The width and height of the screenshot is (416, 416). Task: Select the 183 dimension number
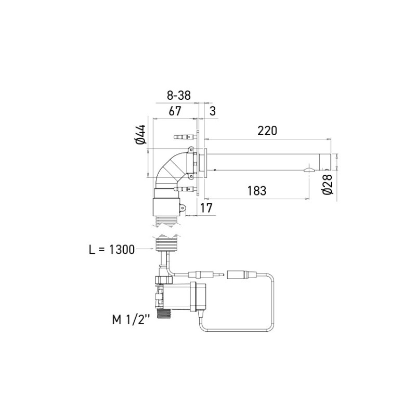tap(257, 191)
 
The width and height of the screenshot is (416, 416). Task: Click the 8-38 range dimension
tap(178, 95)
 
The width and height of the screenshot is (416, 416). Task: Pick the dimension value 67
tap(175, 111)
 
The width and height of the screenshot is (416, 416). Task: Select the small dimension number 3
tap(212, 111)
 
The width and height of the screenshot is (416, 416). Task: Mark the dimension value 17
tap(206, 209)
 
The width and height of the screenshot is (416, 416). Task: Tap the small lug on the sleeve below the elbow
tap(183, 208)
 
